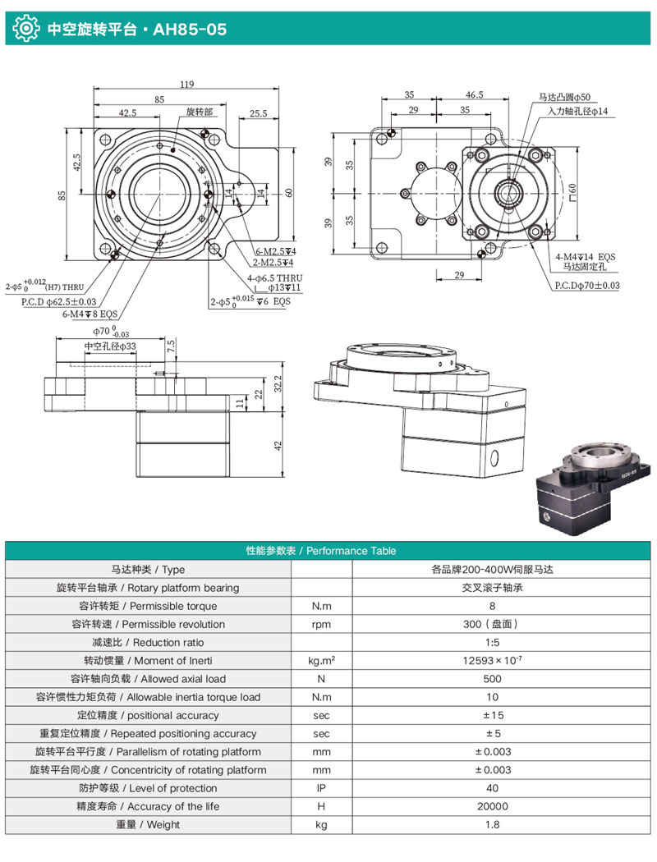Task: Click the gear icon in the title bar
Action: pyautogui.click(x=25, y=29)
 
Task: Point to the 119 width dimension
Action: pyautogui.click(x=187, y=83)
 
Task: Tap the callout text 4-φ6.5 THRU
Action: pyautogui.click(x=276, y=277)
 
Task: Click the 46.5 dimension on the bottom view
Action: pyautogui.click(x=474, y=95)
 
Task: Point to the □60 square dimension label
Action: pyautogui.click(x=572, y=191)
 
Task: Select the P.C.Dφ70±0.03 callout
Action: pyautogui.click(x=586, y=285)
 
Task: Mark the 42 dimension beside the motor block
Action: pyautogui.click(x=280, y=445)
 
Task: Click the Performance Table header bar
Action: pyautogui.click(x=328, y=551)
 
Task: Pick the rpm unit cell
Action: pyautogui.click(x=322, y=624)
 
